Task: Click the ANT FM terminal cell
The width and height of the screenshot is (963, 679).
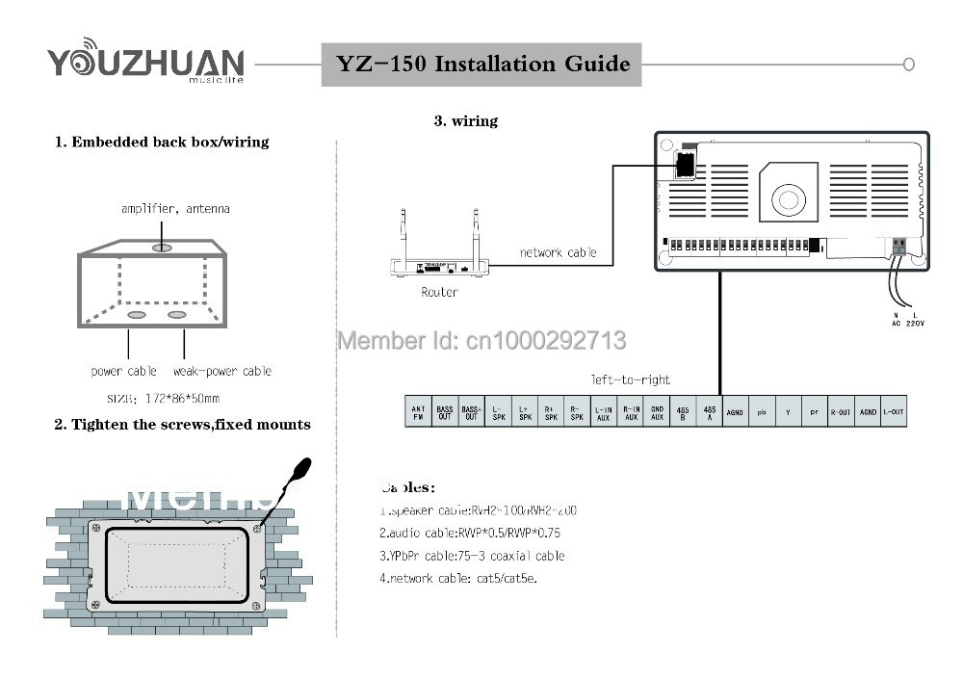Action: coord(418,412)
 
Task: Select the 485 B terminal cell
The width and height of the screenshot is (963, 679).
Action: coord(683,412)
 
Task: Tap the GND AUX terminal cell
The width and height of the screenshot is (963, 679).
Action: coord(657,412)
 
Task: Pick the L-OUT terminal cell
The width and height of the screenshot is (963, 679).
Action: coord(894,412)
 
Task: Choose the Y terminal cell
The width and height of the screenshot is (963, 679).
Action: coord(788,412)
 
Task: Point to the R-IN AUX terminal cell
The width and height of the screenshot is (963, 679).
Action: coord(631,412)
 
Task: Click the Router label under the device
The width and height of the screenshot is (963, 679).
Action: coord(439,292)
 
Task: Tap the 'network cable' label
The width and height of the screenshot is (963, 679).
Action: coord(558,253)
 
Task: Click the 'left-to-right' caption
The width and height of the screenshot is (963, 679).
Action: coord(630,379)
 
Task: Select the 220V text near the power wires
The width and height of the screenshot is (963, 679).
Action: coord(914,324)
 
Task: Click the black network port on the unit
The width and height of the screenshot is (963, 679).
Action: coord(685,165)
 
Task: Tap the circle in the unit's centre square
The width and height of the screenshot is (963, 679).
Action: coord(788,199)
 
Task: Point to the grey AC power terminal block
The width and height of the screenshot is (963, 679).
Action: coord(899,247)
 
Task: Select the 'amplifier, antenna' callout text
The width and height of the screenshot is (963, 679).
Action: coord(175,208)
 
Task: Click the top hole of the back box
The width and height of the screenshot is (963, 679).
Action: coord(162,248)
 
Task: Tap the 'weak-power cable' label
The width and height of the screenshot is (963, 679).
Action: coord(222,371)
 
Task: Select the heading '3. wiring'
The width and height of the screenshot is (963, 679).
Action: coord(465,121)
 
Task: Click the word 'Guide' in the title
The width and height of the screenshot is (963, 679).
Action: coord(599,65)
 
